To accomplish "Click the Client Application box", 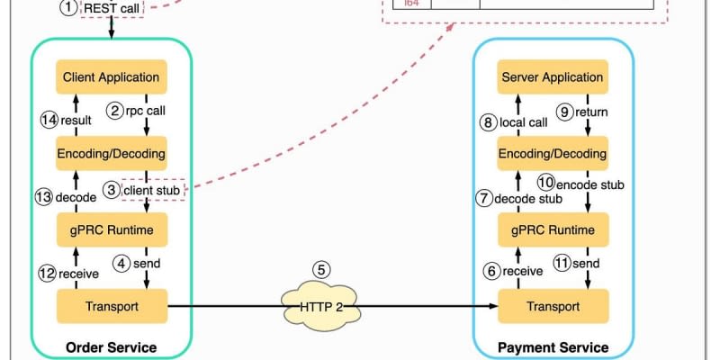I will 112,76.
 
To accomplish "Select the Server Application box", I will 553,76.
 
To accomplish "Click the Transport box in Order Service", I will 112,307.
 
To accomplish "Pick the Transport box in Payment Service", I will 553,307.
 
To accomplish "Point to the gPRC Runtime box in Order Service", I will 112,230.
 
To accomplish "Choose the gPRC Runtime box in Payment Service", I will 553,230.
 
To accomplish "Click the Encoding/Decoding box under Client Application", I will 112,153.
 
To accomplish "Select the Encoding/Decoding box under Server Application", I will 553,153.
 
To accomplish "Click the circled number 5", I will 321,269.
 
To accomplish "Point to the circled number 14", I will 49,120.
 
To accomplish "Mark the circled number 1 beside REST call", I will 68,8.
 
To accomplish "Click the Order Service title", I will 112,347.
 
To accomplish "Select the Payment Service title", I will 553,347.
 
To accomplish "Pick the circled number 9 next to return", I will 565,112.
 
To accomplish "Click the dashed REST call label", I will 112,8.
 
